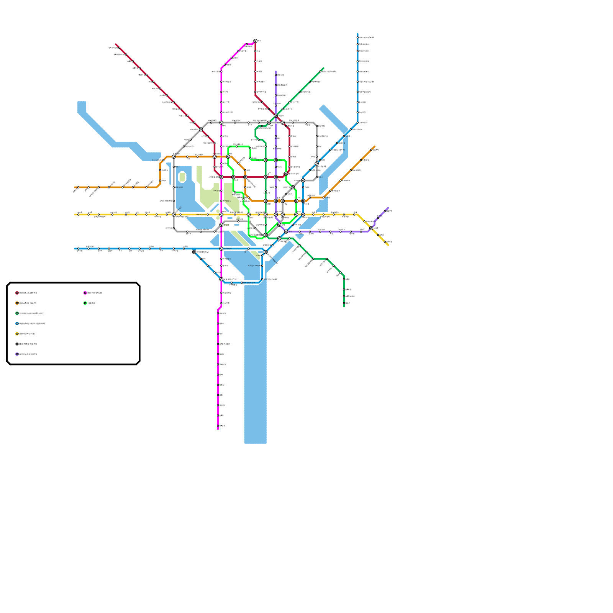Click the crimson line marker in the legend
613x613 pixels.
17,293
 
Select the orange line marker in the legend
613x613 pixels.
17,303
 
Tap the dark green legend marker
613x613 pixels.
17,313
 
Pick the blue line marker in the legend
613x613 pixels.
17,324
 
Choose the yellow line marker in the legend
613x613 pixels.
17,334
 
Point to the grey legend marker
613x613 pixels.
17,344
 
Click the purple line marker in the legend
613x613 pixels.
17,354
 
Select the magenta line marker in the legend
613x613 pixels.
85,293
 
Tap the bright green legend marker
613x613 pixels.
85,303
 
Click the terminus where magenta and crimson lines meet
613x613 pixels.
256,41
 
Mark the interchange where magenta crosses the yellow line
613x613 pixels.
221,215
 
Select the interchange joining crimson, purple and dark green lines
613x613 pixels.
276,116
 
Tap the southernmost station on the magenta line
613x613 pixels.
218,426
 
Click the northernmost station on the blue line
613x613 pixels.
357,37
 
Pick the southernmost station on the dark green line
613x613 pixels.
344,303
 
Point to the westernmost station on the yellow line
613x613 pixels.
78,215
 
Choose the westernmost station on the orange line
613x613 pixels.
78,187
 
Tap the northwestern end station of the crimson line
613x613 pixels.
119,48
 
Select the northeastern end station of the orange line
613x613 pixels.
371,150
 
